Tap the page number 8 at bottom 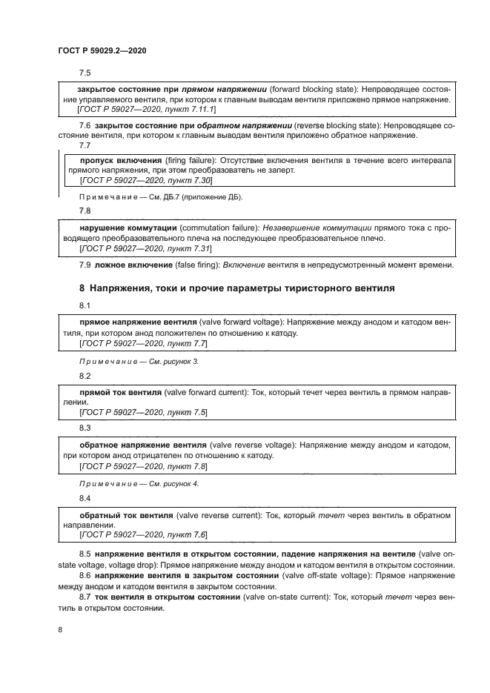(x=60, y=629)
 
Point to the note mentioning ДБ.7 (x=160, y=198)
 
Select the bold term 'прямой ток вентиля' (x=121, y=391)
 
